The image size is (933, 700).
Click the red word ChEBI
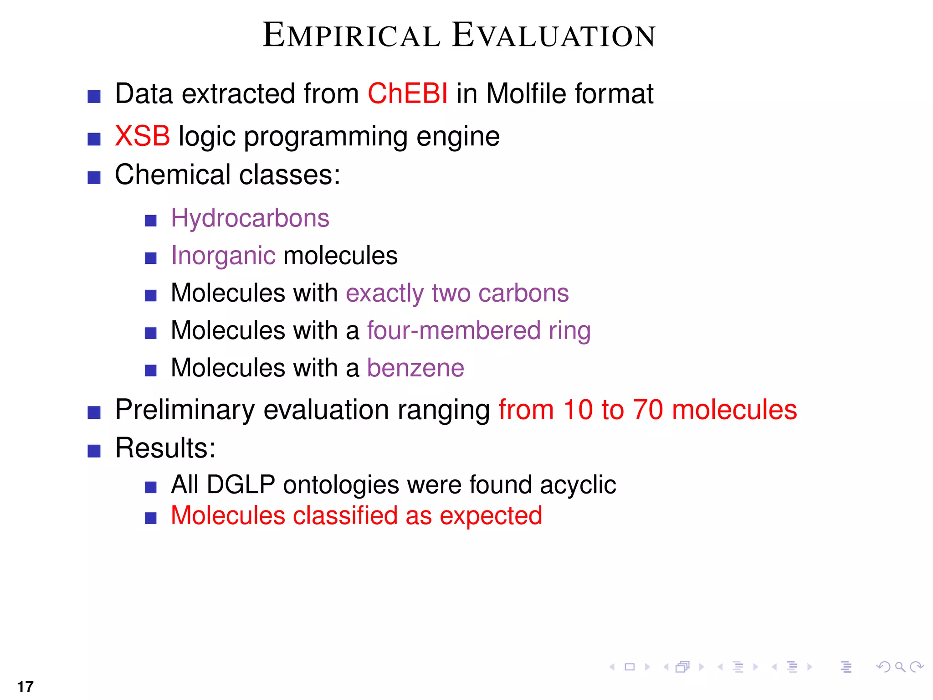click(407, 94)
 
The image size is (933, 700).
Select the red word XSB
click(142, 136)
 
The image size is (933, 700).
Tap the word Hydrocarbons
click(250, 218)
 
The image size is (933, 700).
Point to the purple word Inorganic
click(223, 256)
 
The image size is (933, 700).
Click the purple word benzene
click(415, 368)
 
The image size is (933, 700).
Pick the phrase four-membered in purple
click(454, 330)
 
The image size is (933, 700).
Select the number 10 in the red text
click(578, 409)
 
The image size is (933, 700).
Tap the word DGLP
click(241, 484)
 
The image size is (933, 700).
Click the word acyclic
click(578, 484)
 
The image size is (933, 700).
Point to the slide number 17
click(26, 686)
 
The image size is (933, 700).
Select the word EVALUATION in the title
click(554, 36)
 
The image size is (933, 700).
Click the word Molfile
click(526, 94)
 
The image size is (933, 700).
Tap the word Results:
click(165, 448)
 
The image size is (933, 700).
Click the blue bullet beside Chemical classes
click(94, 177)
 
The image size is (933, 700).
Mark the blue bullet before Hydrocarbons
click(150, 221)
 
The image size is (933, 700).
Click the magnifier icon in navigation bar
click(900, 667)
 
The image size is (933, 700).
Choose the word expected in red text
click(491, 516)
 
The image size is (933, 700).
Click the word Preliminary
click(185, 409)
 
